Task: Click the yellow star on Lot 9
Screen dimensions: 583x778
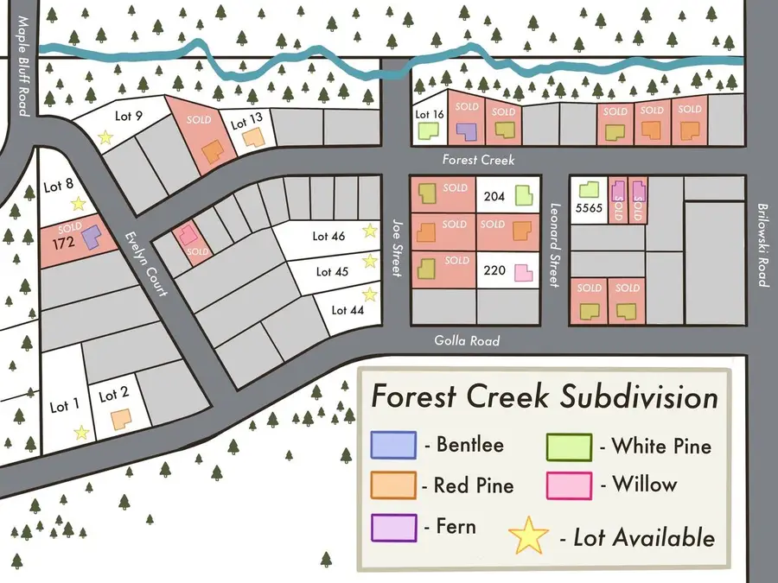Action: (105, 136)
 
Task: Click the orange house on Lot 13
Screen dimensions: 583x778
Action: (252, 137)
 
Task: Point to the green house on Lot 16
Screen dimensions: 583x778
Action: (428, 130)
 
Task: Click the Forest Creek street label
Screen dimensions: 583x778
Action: (478, 160)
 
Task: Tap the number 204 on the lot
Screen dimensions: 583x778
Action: (495, 196)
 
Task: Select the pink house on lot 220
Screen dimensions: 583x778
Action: (523, 273)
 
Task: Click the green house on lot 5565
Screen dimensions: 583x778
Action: (589, 189)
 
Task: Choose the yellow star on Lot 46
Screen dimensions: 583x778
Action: (370, 230)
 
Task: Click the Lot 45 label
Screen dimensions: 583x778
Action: (331, 271)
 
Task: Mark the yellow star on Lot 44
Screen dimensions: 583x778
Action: (370, 294)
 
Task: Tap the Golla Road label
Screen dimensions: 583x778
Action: (467, 341)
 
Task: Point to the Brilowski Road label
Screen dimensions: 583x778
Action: (762, 244)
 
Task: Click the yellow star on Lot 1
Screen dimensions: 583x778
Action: (81, 432)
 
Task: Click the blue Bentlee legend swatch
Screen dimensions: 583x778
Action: (393, 446)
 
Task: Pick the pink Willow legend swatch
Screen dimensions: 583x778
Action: (569, 485)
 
